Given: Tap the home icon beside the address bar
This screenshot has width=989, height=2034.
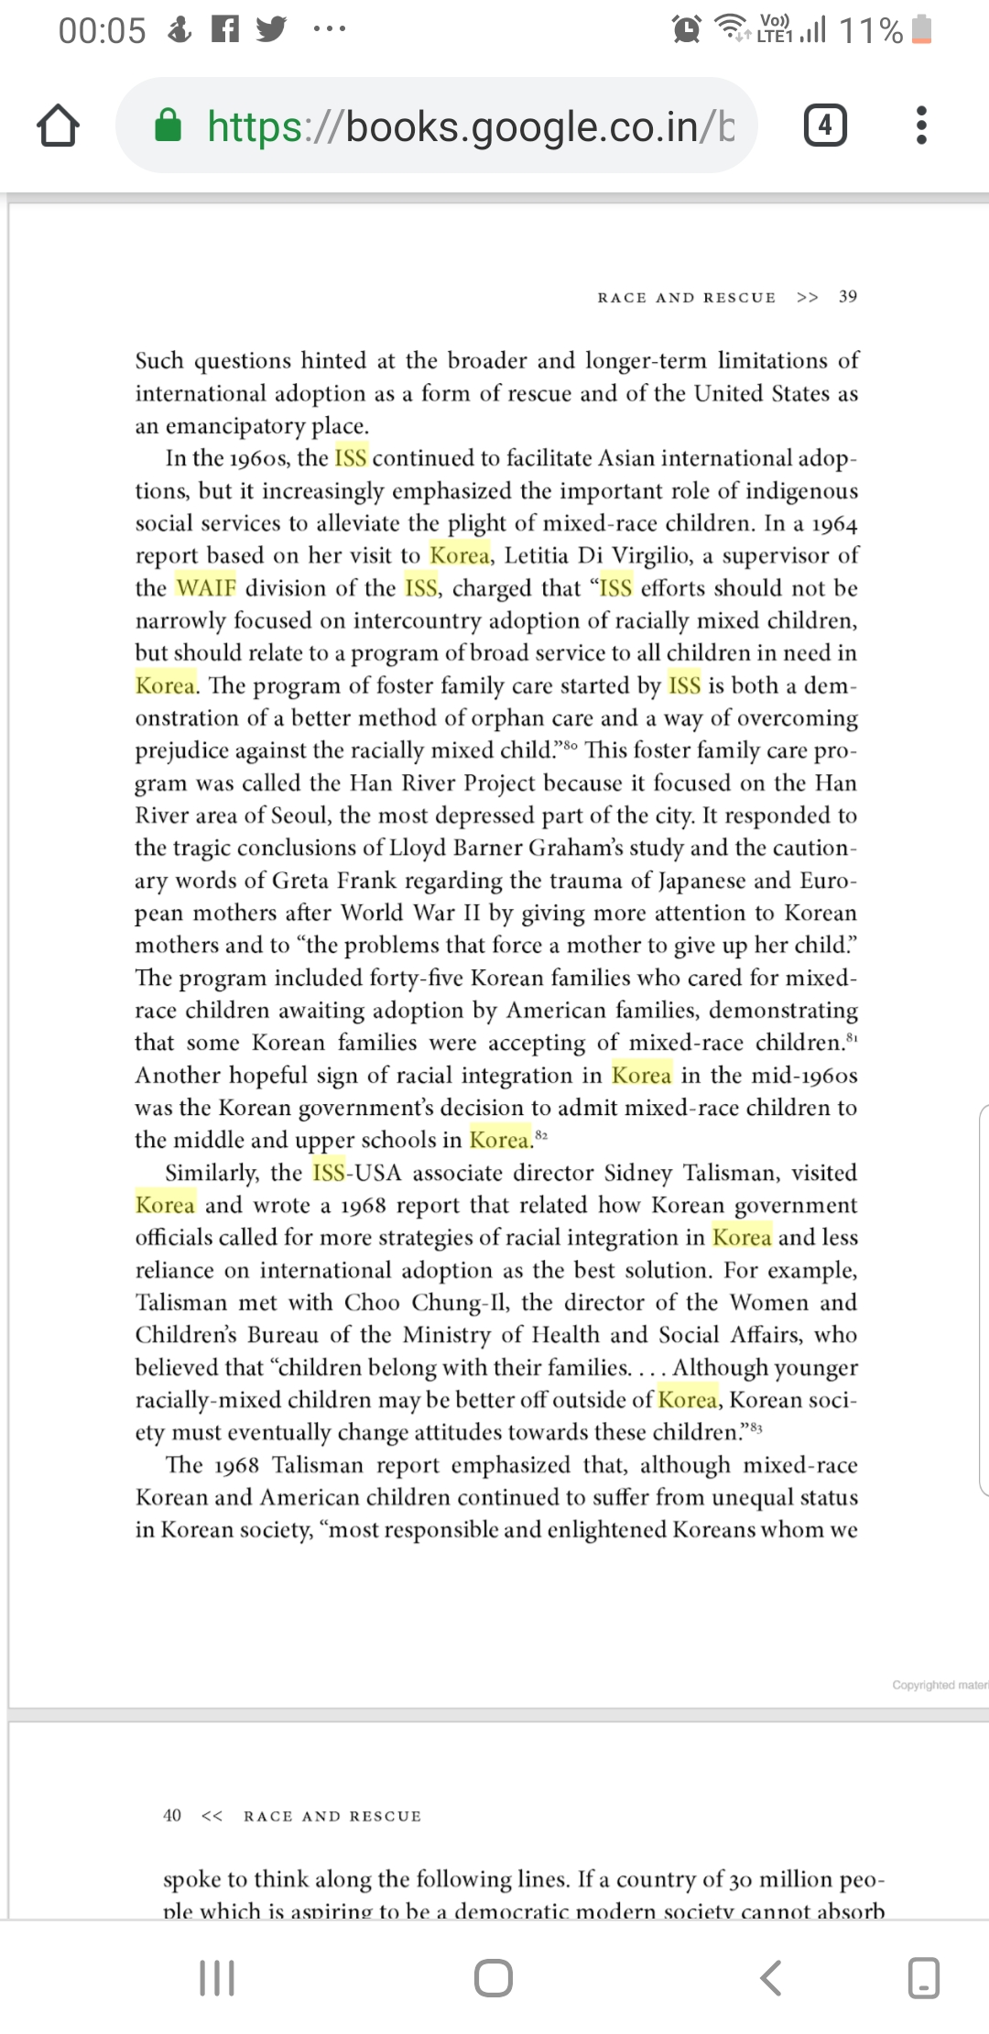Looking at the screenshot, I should click(58, 126).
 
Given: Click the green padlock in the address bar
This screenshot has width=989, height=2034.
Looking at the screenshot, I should click(168, 126).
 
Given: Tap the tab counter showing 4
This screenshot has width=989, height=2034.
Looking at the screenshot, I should click(824, 125).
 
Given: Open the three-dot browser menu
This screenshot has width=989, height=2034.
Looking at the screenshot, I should click(921, 125).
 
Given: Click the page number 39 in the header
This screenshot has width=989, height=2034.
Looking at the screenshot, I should click(848, 297).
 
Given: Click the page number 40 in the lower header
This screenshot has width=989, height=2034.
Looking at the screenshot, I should click(172, 1815).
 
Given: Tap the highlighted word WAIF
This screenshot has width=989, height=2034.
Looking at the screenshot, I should click(206, 587).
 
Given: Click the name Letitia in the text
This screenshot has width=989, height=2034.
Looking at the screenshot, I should click(537, 555).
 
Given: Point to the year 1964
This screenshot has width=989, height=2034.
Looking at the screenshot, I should click(834, 523).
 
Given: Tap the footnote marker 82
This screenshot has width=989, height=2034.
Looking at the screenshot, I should click(541, 1135).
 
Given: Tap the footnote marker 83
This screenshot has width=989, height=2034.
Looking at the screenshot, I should click(755, 1427).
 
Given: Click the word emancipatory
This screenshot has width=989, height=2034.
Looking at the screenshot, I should click(234, 426).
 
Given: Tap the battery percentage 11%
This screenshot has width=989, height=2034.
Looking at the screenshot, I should click(871, 30).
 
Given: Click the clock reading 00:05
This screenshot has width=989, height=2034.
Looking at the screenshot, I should click(102, 30).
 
